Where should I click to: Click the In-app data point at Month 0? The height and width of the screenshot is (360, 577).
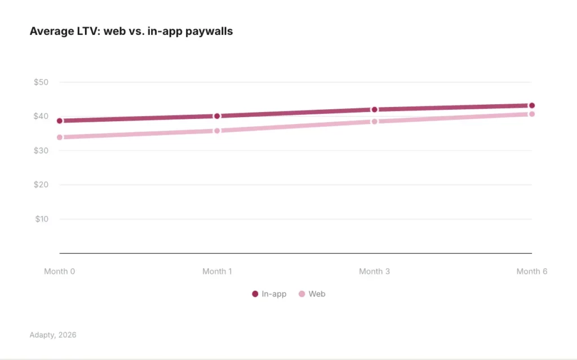coord(60,121)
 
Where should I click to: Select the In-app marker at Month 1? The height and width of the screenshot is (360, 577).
coord(217,116)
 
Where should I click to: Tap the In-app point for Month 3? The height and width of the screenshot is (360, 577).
coord(374,109)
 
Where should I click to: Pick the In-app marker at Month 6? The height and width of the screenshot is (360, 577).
coord(531,105)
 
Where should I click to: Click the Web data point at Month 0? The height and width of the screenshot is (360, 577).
coord(60,137)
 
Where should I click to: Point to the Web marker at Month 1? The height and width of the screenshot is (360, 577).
coord(217,131)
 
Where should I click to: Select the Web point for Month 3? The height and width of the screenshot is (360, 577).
coord(374,121)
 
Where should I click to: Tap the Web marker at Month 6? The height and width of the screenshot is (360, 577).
coord(531,114)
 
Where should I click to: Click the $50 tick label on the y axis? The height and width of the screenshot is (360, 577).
coord(41,82)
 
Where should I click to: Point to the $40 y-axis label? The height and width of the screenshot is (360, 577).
coord(41,116)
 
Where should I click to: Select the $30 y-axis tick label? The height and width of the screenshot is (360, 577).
coord(41,150)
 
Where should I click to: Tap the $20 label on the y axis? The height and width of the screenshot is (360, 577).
coord(41,185)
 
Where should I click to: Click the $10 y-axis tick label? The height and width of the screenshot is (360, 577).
coord(41,219)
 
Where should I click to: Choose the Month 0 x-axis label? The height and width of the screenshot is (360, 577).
coord(60,272)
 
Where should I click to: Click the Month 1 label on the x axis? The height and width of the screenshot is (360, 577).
coord(217,272)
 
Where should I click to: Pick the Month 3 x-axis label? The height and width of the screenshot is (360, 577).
coord(374,272)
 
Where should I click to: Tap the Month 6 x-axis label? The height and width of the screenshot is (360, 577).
coord(531,272)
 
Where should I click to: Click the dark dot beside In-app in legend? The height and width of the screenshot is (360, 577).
coord(255,294)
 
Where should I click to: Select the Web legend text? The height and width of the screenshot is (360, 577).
coord(317,294)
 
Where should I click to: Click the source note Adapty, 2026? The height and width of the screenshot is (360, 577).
coord(53,335)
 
